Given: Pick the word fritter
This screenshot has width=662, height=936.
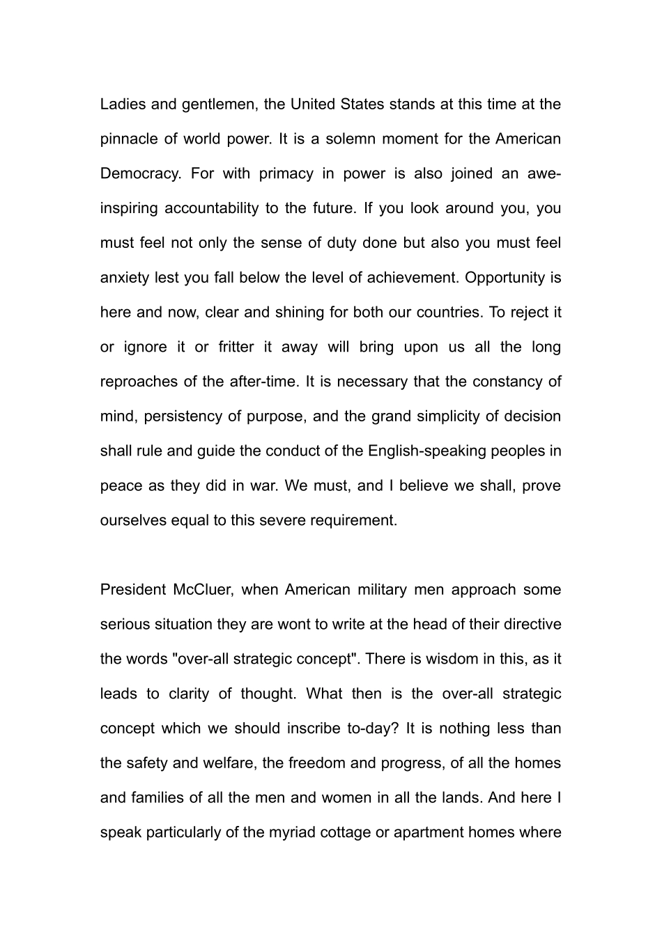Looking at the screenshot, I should [236, 347].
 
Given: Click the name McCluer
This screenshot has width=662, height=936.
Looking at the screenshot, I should [206, 590].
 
